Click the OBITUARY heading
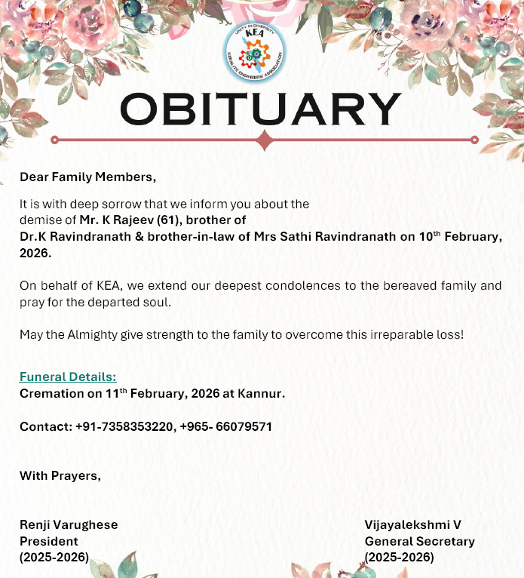coord(260,110)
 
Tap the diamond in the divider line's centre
coord(264,140)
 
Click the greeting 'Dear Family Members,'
coord(87,177)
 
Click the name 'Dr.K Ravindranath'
coord(67,236)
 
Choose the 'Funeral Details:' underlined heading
coord(68,377)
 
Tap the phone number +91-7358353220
coord(125,426)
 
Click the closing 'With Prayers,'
coord(60,476)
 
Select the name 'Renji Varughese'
coord(69,524)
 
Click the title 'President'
coord(48,541)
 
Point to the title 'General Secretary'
coord(420,541)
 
